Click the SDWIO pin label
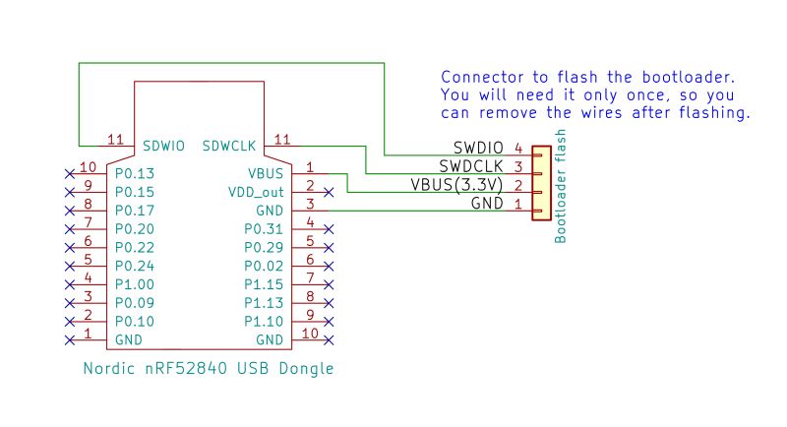pos(163,146)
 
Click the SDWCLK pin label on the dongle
pos(229,146)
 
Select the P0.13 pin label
pos(136,171)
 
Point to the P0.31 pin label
pos(263,228)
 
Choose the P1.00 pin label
pos(136,284)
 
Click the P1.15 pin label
pos(263,284)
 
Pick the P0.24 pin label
pos(136,266)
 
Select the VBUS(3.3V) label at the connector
pos(456,185)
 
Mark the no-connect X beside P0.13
pos(68,172)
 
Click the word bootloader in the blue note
pos(682,77)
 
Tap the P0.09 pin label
pos(136,303)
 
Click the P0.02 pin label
pos(263,266)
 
